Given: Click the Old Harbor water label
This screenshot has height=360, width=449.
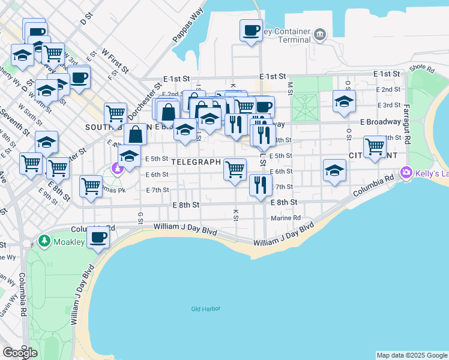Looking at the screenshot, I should point(206,309).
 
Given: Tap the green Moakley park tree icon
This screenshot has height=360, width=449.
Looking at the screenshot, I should point(44,241).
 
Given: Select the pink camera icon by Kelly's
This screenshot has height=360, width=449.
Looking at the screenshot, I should point(407,173).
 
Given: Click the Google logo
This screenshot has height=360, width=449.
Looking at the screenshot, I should point(20,353).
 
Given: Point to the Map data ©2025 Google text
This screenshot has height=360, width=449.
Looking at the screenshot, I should point(412,355).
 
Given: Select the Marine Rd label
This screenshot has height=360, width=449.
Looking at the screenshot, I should point(286,218).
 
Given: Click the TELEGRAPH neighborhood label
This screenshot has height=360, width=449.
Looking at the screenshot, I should point(196,162).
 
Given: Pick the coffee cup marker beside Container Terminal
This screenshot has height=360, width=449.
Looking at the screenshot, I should point(251,30).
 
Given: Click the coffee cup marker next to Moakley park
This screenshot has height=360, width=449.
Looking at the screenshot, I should point(98,236).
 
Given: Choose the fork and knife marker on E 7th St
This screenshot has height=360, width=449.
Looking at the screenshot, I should point(260,184).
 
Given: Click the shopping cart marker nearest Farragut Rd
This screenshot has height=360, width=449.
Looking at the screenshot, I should point(375,146).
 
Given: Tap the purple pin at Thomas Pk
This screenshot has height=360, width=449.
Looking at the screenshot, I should point(118,167).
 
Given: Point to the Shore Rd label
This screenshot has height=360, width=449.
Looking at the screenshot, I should point(422,69).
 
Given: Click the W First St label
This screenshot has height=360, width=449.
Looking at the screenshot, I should point(115,61).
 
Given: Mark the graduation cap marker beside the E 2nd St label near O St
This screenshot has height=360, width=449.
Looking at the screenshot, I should point(344,101).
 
